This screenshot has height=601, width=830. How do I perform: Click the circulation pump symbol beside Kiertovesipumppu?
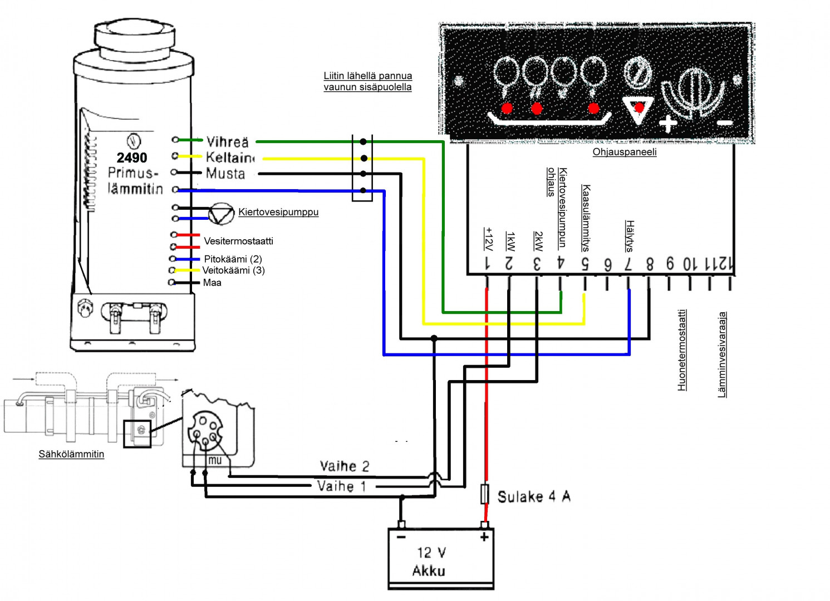[x=221, y=214]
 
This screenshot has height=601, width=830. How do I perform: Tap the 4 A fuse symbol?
[x=485, y=494]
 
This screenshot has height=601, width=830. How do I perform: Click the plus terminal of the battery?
[x=484, y=536]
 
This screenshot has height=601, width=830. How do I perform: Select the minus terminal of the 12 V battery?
[x=401, y=536]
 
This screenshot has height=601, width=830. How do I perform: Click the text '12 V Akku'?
[x=430, y=561]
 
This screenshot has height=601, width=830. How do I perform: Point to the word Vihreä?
[x=227, y=142]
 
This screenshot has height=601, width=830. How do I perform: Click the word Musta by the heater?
[x=225, y=174]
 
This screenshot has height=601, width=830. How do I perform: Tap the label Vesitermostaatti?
[x=238, y=241]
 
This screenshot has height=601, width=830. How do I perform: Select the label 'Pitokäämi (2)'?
[x=233, y=259]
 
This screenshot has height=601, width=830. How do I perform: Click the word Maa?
[x=212, y=283]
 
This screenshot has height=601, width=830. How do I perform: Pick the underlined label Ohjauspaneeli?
[x=624, y=152]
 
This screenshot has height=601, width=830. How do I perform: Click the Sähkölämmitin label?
[x=71, y=454]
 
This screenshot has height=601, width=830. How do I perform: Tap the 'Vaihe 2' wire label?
[x=344, y=466]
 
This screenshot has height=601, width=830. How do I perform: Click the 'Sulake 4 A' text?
[x=534, y=496]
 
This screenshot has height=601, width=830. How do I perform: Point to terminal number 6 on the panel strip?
[x=607, y=265]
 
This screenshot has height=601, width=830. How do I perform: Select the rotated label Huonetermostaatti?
[x=682, y=350]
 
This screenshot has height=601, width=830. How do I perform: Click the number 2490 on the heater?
[x=132, y=157]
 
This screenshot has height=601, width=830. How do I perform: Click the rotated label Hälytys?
[x=629, y=236]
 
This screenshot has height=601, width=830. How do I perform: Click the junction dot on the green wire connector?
[x=363, y=142]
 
